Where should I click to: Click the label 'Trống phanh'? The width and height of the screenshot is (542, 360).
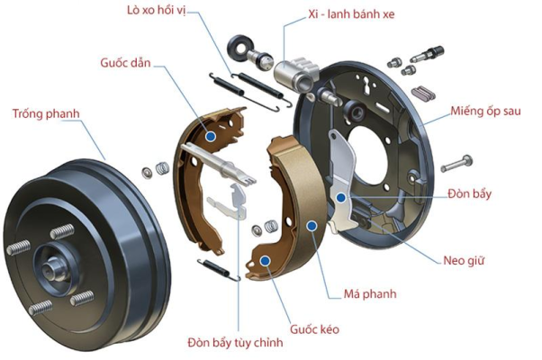pyautogui.click(x=46, y=113)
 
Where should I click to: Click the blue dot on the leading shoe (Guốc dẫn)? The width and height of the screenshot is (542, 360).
pyautogui.click(x=210, y=135)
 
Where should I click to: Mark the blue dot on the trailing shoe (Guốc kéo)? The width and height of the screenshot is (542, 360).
pyautogui.click(x=266, y=260)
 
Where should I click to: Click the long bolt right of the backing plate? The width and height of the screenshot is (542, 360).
pyautogui.click(x=458, y=165)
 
